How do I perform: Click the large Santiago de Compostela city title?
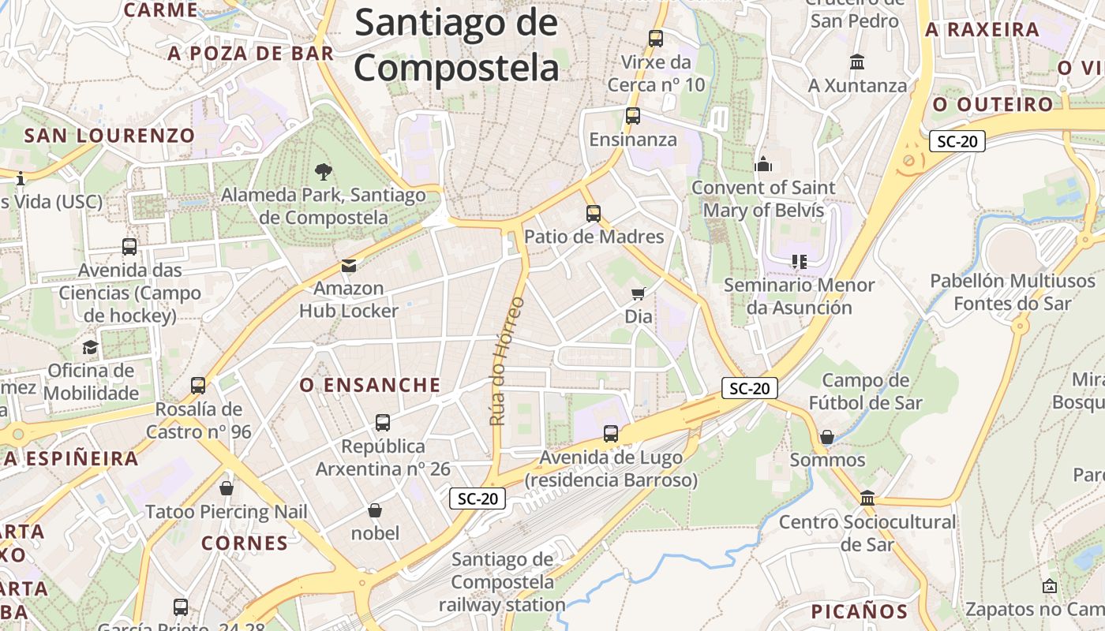[456, 45]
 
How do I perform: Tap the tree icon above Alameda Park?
[323, 171]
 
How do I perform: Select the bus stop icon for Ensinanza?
[632, 116]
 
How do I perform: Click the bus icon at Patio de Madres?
[594, 213]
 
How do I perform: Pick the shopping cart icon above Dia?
[638, 293]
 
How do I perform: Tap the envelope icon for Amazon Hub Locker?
[348, 265]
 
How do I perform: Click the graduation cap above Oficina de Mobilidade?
[91, 347]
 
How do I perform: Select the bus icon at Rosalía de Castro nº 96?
[198, 386]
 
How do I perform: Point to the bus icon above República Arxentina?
[383, 423]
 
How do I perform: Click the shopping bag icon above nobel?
[375, 510]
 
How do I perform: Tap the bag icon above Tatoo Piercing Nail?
[227, 488]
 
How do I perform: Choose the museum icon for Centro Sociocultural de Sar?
[867, 498]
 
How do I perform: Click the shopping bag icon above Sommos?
[827, 436]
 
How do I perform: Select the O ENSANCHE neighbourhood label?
[370, 385]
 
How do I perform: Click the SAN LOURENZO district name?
[109, 135]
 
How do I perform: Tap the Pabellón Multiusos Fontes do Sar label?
[1013, 292]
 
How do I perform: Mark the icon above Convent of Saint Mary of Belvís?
[762, 164]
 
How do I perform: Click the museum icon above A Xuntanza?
[857, 62]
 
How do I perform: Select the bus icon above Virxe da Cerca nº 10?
[655, 38]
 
